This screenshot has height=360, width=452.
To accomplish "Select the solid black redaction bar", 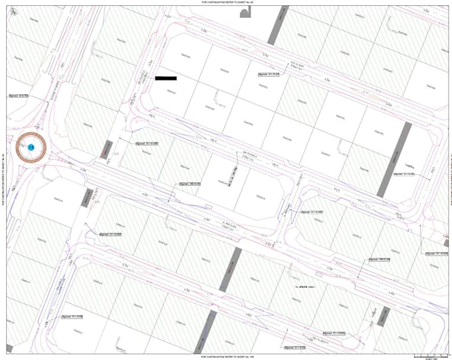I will click(x=166, y=78).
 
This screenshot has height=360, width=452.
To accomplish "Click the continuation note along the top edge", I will click(x=226, y=3).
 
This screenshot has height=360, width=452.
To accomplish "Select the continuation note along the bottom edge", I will click(x=226, y=357).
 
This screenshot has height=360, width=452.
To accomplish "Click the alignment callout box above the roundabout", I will click(x=19, y=96).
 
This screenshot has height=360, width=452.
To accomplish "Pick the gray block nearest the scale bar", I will click(x=382, y=317).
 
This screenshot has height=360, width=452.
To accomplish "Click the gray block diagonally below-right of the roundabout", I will click(x=85, y=197).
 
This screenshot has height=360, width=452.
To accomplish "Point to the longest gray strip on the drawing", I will click(x=393, y=158).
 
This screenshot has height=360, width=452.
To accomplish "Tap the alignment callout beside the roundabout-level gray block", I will click(x=148, y=143).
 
